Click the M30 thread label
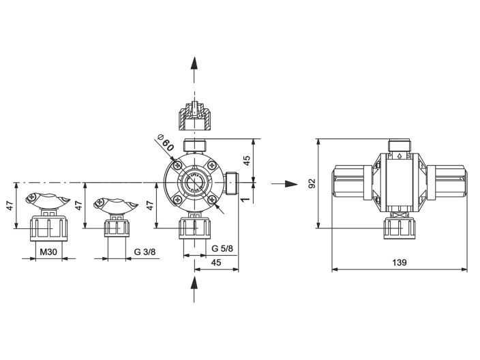tap(48, 252)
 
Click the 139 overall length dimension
tap(400, 262)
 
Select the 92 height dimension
tap(312, 183)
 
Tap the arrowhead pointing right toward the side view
tap(292, 183)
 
